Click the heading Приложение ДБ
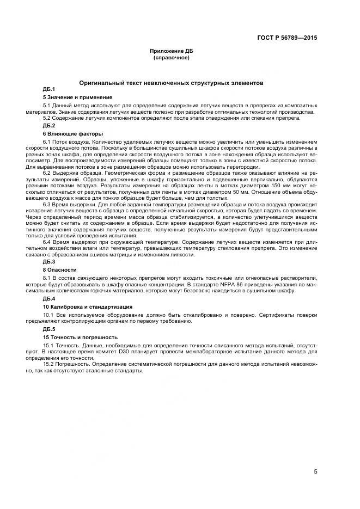point(172,51)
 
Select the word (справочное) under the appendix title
point(172,57)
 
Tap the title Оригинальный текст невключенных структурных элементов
point(172,83)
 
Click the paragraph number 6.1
point(47,142)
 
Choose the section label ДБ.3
point(49,262)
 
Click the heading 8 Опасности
point(59,269)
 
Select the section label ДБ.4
point(49,299)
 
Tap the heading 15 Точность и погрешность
point(76,337)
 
